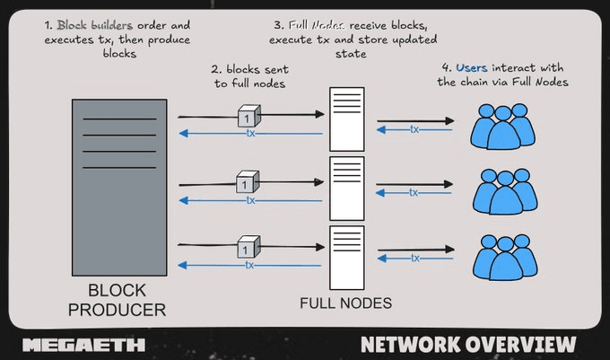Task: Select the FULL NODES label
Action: click(345, 303)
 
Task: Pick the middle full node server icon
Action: click(344, 188)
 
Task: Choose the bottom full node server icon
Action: click(344, 253)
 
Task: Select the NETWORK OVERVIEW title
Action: click(467, 345)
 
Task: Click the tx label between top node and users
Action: click(414, 129)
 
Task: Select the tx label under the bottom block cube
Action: click(250, 265)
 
